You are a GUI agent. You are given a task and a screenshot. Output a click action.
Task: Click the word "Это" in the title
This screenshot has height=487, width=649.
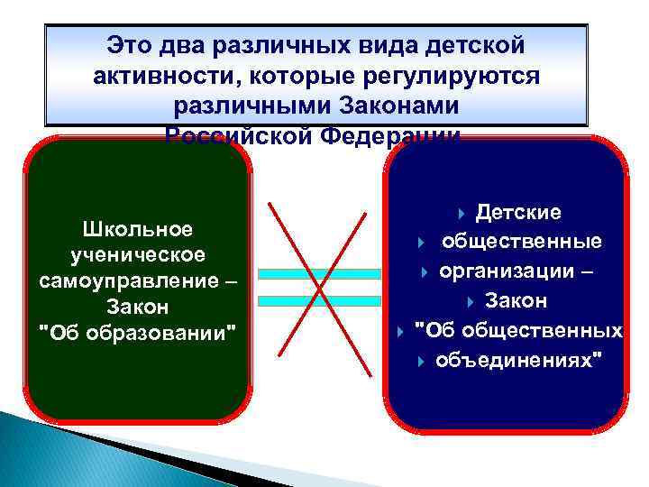tap(129, 44)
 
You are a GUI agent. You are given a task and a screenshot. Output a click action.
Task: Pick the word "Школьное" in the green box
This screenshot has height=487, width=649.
tap(137, 229)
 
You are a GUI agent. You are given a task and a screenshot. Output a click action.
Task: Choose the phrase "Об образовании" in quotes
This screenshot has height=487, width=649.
tap(137, 333)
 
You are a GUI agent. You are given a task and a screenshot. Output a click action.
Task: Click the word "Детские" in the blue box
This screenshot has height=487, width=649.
tap(518, 213)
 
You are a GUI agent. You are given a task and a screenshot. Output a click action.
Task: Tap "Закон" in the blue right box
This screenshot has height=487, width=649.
tap(516, 301)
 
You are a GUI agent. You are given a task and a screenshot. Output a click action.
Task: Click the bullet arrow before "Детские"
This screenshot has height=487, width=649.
tap(462, 214)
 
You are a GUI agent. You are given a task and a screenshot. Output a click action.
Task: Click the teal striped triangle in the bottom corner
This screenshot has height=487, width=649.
tap(54, 451)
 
